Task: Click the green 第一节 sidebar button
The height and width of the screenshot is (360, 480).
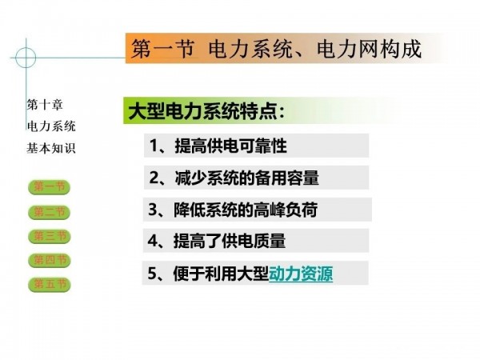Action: [x=49, y=187]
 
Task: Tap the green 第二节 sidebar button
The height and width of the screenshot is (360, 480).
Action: [x=49, y=212]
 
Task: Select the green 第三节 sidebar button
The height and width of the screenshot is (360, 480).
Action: [x=49, y=236]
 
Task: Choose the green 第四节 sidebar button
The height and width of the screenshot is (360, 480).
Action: [x=49, y=261]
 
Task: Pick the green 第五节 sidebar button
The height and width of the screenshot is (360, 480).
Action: [x=49, y=285]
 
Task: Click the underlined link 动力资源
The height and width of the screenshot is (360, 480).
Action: [x=301, y=274]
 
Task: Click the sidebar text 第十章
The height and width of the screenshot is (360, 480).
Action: [x=45, y=105]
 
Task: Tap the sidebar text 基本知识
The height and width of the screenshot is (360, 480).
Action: [x=51, y=148]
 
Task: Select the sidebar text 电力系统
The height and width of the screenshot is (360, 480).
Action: [x=51, y=126]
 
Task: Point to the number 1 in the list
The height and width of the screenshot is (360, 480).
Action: [x=154, y=146]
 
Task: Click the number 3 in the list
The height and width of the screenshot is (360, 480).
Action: [x=153, y=210]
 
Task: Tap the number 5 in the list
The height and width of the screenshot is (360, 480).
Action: [x=152, y=274]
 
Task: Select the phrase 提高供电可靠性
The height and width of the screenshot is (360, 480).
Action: [x=231, y=146]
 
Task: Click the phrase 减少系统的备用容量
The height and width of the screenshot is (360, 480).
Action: [x=247, y=178]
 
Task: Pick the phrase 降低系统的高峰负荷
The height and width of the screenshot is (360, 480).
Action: [x=246, y=210]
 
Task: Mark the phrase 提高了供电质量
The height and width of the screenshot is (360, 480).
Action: [x=230, y=241]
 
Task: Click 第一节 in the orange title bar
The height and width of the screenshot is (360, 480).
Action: [x=162, y=49]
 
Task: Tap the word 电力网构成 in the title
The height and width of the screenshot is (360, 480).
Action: [x=369, y=49]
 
